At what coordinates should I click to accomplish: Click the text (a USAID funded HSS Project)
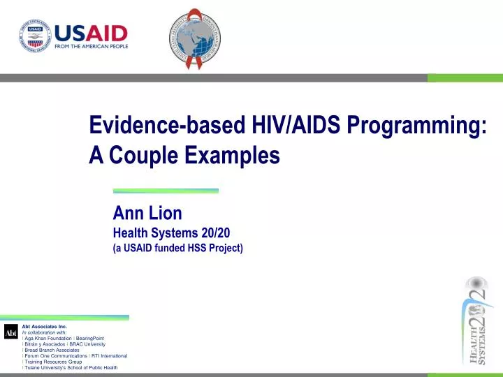tap(177, 248)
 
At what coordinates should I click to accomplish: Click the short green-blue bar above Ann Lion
tap(166, 190)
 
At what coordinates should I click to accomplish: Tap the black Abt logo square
tap(10, 332)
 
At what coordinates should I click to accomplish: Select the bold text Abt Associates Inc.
tap(44, 326)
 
